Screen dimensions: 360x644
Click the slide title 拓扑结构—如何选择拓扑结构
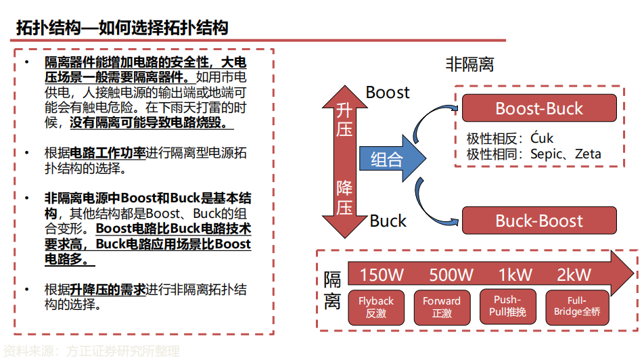122,28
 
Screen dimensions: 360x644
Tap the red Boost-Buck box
538,108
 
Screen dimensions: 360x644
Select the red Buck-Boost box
538,221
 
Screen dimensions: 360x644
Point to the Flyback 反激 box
375,307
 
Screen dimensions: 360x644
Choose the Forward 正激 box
442,307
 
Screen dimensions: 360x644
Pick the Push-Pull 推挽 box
507,307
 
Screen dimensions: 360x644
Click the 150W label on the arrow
382,275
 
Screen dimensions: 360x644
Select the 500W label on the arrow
451,275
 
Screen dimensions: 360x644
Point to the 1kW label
515,275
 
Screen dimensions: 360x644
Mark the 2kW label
574,275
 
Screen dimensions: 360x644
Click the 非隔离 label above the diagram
469,65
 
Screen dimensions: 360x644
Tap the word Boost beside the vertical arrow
388,92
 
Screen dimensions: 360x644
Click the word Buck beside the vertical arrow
388,221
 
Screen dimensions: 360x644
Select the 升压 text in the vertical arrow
344,119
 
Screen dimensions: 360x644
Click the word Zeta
587,154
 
